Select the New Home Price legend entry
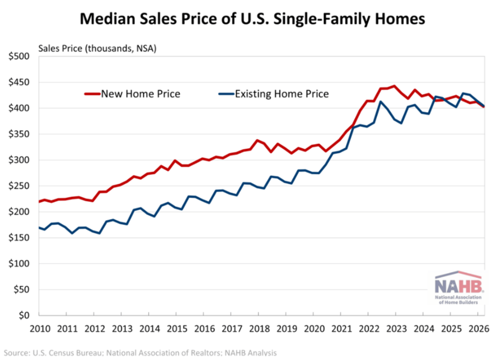pos(133,94)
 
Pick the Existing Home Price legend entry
pos(274,94)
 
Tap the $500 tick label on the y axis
pos(19,56)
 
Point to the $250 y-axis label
pos(19,186)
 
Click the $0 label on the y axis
pos(24,315)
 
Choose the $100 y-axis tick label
pos(19,263)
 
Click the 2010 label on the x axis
pos(40,329)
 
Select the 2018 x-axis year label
pos(259,329)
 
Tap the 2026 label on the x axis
pos(479,329)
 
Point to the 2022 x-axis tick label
pos(369,329)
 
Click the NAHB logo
pos(458,288)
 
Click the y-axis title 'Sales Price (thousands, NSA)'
pos(97,49)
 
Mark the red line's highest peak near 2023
pos(394,85)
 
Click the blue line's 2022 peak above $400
pos(381,102)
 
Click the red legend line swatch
pos(93,94)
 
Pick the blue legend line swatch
pos(227,94)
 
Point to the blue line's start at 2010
pos(39,227)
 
